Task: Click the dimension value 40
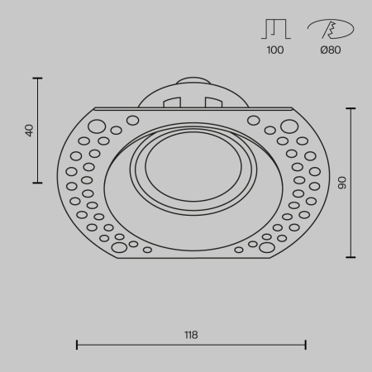pyautogui.click(x=31, y=130)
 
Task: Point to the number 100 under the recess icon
pyautogui.click(x=275, y=50)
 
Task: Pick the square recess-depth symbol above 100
pyautogui.click(x=275, y=30)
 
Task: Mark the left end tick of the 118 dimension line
pyautogui.click(x=77, y=344)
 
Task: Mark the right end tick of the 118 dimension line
pyautogui.click(x=306, y=344)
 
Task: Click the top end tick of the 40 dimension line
pyautogui.click(x=38, y=78)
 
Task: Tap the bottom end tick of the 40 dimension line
pyautogui.click(x=38, y=183)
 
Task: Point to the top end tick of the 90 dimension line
pyautogui.click(x=351, y=107)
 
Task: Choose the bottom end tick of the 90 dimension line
pyautogui.click(x=351, y=257)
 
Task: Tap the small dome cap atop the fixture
pyautogui.click(x=192, y=82)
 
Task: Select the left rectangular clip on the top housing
pyautogui.click(x=172, y=103)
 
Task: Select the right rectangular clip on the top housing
pyautogui.click(x=213, y=103)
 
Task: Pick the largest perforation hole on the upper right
pyautogui.click(x=289, y=126)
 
